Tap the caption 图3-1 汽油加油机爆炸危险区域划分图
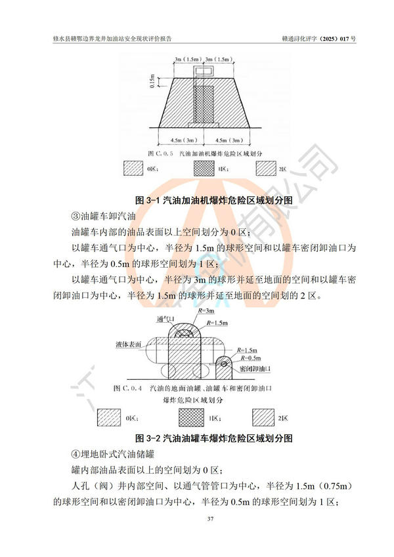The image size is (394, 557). [213, 199]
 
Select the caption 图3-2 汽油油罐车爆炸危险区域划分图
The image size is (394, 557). [213, 437]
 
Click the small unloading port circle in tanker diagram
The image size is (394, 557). [226, 360]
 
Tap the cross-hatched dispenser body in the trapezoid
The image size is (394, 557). [202, 105]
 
